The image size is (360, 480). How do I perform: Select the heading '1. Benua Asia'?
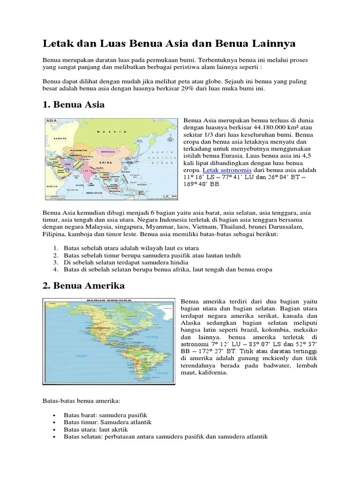[x=74, y=105]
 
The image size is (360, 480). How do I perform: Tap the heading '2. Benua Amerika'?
[x=83, y=285]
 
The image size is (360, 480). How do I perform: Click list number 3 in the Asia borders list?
[x=55, y=262]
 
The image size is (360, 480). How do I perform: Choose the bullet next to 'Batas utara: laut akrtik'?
[x=55, y=429]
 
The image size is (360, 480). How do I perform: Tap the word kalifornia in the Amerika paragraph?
[x=212, y=373]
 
